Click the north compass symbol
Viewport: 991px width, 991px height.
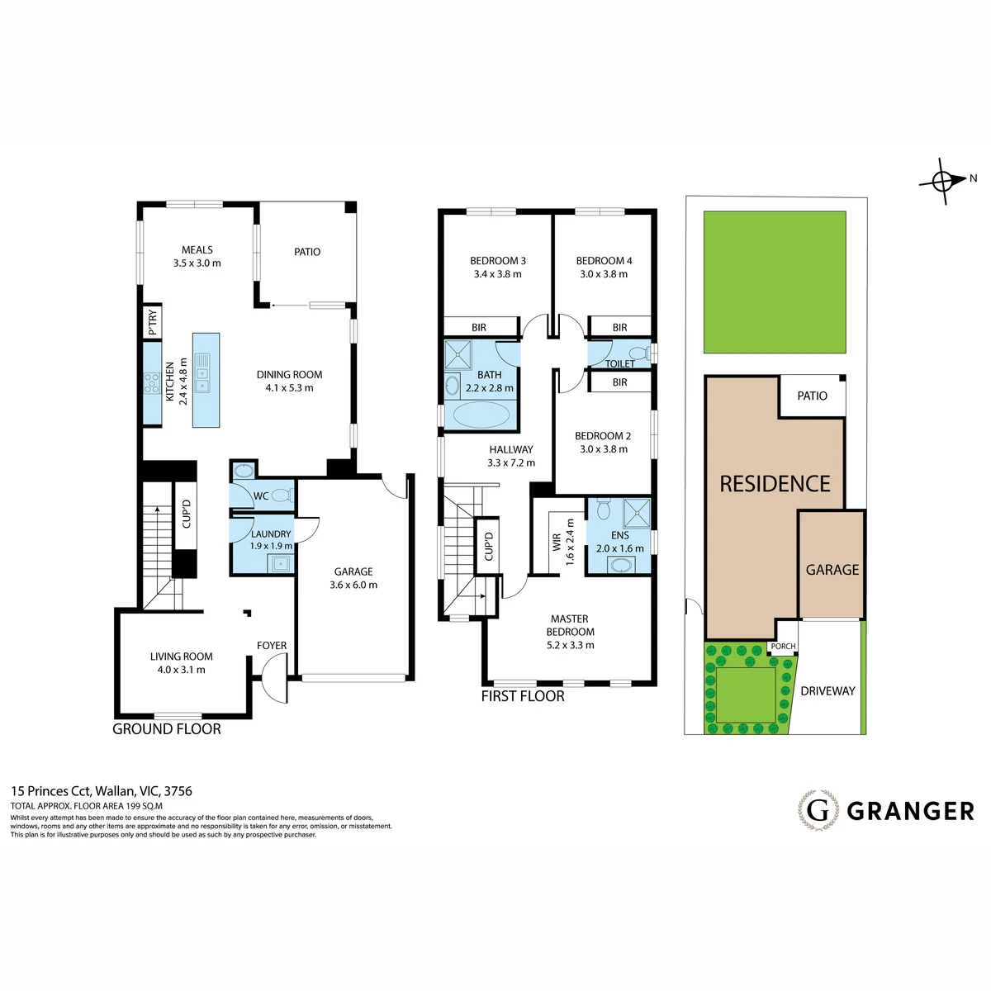pyautogui.click(x=946, y=181)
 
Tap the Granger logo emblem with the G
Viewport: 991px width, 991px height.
pyautogui.click(x=818, y=810)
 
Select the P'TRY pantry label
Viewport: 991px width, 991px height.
pyautogui.click(x=153, y=322)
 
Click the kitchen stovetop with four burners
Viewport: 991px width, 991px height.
pyautogui.click(x=152, y=383)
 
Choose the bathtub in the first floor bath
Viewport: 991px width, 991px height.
pyautogui.click(x=481, y=415)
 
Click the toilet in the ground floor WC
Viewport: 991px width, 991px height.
pyautogui.click(x=282, y=495)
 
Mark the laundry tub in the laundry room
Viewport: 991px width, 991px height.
pyautogui.click(x=280, y=563)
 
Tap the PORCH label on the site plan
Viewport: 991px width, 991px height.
pyautogui.click(x=783, y=647)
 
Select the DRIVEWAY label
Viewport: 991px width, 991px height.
pyautogui.click(x=827, y=691)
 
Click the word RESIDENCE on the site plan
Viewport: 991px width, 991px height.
pyautogui.click(x=775, y=484)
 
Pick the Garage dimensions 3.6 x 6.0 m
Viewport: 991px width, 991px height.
pyautogui.click(x=353, y=586)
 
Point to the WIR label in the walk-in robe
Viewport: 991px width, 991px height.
pyautogui.click(x=557, y=543)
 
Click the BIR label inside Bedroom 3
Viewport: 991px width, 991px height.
pyautogui.click(x=479, y=328)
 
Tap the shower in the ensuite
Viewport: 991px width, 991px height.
pyautogui.click(x=637, y=513)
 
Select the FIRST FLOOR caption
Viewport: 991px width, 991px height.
pyautogui.click(x=523, y=696)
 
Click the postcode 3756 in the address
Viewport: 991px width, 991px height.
pyautogui.click(x=178, y=791)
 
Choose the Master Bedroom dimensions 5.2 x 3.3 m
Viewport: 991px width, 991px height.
pyautogui.click(x=570, y=646)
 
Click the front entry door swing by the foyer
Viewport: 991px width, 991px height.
pyautogui.click(x=273, y=680)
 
